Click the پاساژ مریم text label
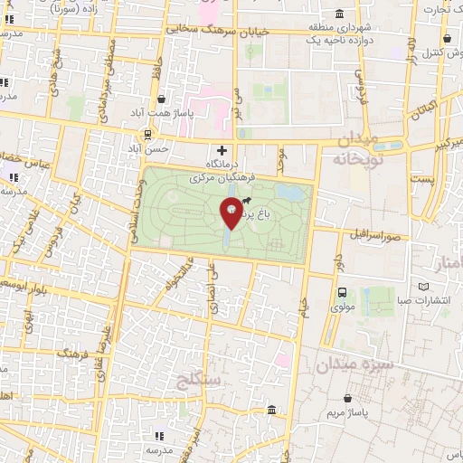348,413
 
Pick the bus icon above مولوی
342,292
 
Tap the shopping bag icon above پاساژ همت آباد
162,99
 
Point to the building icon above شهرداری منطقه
338,13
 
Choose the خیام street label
302,307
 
